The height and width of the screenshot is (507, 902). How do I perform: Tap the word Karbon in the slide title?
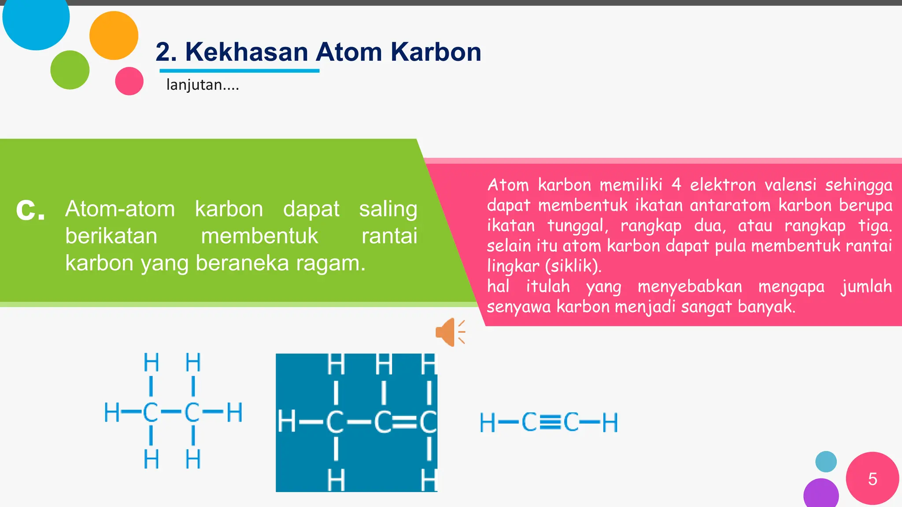pyautogui.click(x=436, y=52)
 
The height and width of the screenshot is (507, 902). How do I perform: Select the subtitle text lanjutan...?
pyautogui.click(x=202, y=84)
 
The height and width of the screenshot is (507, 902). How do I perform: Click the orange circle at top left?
pyautogui.click(x=114, y=35)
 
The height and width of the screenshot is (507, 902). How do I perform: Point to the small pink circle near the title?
pyautogui.click(x=129, y=81)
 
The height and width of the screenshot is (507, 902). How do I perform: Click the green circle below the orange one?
pyautogui.click(x=70, y=70)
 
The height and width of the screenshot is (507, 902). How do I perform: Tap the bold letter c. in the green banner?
pyautogui.click(x=30, y=209)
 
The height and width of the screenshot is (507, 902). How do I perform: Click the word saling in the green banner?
pyautogui.click(x=388, y=209)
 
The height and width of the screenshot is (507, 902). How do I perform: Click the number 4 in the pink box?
pyautogui.click(x=676, y=185)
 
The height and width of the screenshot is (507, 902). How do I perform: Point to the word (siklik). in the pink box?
pyautogui.click(x=573, y=266)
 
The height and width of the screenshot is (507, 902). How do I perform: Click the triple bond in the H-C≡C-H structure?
pyautogui.click(x=550, y=422)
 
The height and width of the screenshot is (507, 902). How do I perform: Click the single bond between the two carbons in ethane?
pyautogui.click(x=171, y=412)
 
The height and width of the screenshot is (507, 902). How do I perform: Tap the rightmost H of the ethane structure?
pyautogui.click(x=234, y=412)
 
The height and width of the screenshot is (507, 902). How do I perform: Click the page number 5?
pyautogui.click(x=872, y=479)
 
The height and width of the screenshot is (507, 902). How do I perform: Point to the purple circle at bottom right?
pyautogui.click(x=821, y=494)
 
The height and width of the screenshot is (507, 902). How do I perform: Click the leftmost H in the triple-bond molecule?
pyautogui.click(x=488, y=423)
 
